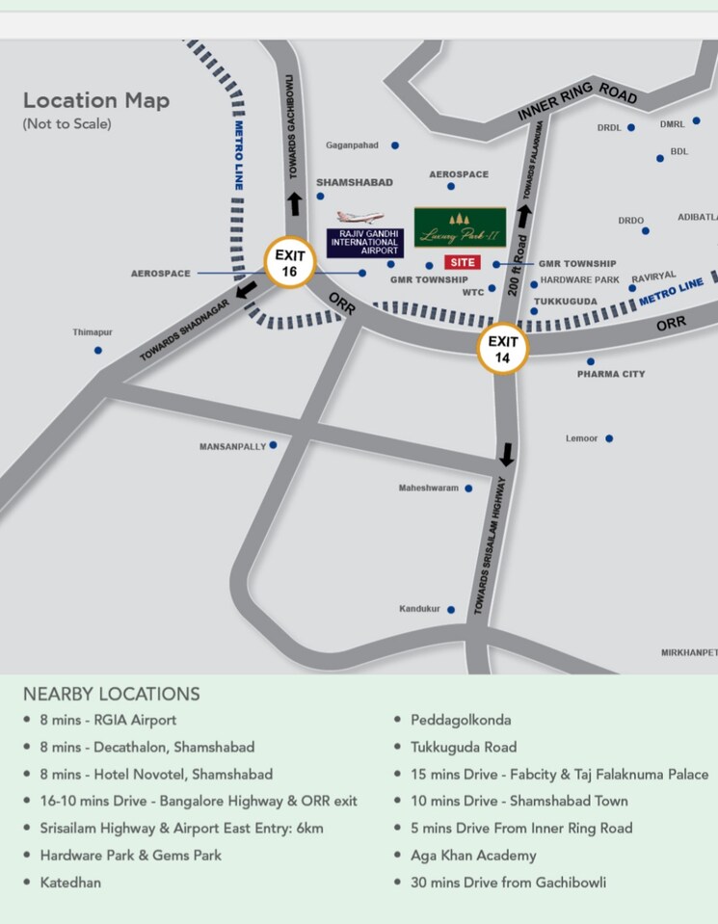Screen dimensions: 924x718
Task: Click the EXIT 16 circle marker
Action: [290, 262]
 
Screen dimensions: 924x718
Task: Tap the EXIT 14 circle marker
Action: [503, 349]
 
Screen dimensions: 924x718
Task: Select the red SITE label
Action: [462, 262]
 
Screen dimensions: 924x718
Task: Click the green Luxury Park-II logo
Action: [460, 227]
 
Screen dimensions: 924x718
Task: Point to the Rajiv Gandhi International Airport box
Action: [365, 243]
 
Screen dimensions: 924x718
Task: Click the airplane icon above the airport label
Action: [359, 219]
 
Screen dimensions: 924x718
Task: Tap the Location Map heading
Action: [96, 100]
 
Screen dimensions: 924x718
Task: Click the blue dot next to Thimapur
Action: [98, 350]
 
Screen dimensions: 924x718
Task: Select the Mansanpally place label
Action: [232, 446]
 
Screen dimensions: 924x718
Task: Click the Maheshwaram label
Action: [429, 488]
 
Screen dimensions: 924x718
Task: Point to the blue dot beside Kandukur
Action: [450, 609]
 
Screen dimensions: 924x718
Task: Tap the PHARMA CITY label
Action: [611, 374]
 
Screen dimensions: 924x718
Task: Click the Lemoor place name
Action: [582, 438]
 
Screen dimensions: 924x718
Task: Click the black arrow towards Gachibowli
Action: [293, 204]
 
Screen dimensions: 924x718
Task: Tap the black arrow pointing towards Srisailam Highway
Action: [507, 454]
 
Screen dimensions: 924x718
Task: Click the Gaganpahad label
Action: [352, 145]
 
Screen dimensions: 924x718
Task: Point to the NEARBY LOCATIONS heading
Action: [112, 694]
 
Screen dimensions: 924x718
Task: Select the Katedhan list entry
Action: [70, 882]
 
